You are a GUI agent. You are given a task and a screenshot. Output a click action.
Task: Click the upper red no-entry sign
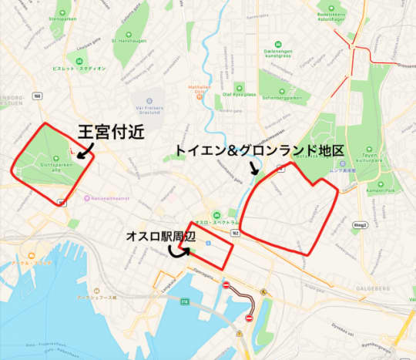click(x=226, y=286)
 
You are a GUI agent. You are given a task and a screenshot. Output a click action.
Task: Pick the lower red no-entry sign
click(x=250, y=318)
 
